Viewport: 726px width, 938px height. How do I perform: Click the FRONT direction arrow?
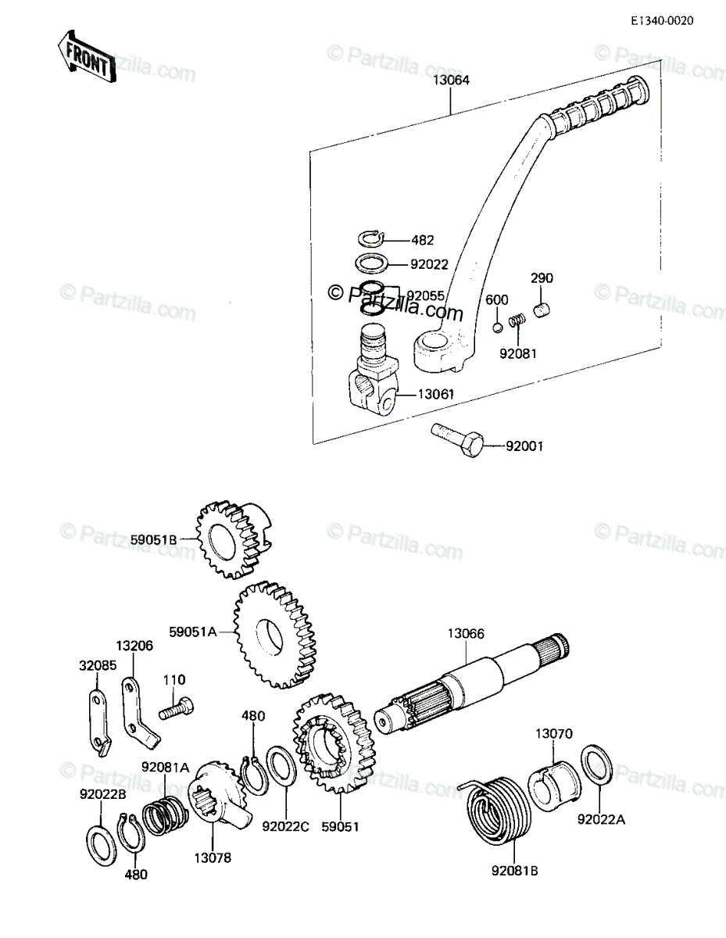pyautogui.click(x=86, y=56)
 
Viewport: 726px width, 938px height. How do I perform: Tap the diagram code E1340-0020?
pyautogui.click(x=662, y=20)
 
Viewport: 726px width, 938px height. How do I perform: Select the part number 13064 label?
pyautogui.click(x=451, y=80)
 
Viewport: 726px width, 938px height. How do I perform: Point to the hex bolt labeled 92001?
pyautogui.click(x=457, y=440)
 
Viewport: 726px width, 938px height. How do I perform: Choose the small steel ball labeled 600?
pyautogui.click(x=497, y=328)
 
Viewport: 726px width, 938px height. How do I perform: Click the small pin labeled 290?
pyautogui.click(x=542, y=310)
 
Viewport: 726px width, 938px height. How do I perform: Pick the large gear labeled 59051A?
pyautogui.click(x=274, y=635)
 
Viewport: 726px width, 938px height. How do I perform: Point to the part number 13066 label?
pyautogui.click(x=466, y=633)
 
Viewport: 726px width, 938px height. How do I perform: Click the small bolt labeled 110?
pyautogui.click(x=176, y=708)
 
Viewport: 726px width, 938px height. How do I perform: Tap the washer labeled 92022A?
pyautogui.click(x=597, y=768)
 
